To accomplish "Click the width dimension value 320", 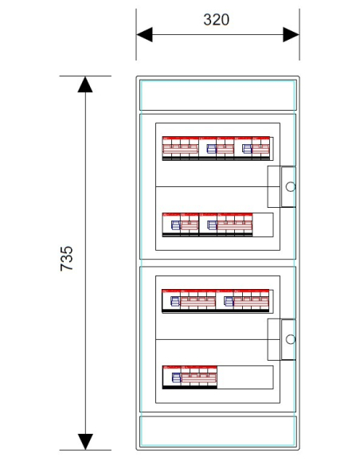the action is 216,20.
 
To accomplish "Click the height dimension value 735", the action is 67,258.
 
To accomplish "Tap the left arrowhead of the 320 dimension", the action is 144,35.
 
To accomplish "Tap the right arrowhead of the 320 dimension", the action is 291,35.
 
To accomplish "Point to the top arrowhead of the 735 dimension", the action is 85,84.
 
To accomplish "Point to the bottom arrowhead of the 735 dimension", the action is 85,442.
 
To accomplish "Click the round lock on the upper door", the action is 291,187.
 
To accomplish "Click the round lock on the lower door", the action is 291,339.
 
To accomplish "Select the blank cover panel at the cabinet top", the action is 218,96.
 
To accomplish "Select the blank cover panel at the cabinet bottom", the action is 218,432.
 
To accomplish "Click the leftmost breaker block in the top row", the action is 180,148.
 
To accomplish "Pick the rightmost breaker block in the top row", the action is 252,148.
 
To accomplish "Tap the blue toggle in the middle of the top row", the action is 211,149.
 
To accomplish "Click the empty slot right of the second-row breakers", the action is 263,225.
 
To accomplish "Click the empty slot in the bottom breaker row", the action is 245,377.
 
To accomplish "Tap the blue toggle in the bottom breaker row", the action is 177,377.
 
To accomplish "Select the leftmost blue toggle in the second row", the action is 176,225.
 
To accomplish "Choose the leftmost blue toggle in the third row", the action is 175,301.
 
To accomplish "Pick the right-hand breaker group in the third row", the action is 243,301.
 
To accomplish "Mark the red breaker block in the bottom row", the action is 190,377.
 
